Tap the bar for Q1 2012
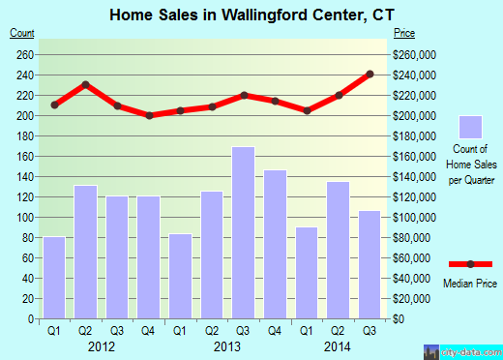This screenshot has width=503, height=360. point(54,278)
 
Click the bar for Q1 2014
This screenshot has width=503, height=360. point(307,273)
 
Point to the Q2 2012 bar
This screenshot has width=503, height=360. point(85,252)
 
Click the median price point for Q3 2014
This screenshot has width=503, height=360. point(369,74)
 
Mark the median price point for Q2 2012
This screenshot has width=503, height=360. point(85,84)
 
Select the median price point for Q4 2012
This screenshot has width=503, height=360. point(149,115)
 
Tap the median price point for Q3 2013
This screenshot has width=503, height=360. point(243,95)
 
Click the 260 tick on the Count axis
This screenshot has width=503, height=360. point(22,54)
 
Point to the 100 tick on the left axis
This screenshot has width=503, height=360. point(22,218)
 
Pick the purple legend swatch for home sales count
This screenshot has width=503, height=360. point(470,127)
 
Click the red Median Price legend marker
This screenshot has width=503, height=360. point(470,264)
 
